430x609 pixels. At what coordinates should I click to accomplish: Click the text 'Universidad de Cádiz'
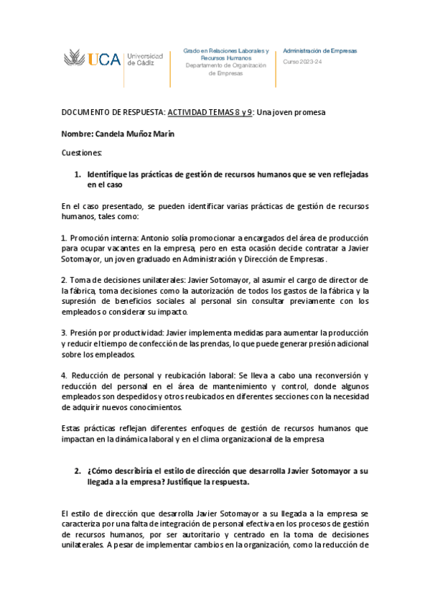tap(144, 59)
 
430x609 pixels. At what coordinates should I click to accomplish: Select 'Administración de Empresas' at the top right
tap(319, 51)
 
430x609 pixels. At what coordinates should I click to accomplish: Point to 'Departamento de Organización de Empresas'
tap(226, 69)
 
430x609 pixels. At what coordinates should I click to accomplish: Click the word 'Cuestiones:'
tap(82, 153)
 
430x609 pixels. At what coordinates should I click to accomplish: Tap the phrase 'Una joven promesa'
tap(291, 113)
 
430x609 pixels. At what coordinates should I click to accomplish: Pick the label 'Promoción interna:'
tap(104, 238)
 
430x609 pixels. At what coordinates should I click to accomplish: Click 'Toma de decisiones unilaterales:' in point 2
tap(126, 279)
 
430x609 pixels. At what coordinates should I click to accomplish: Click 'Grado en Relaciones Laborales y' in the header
tap(226, 51)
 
